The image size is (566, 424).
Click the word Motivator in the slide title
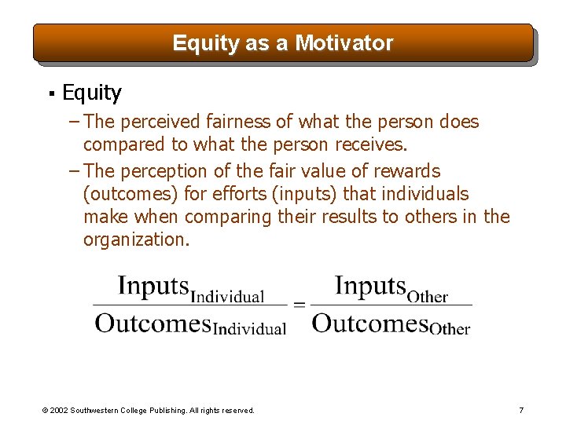coord(344,43)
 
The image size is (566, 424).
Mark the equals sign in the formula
coord(299,305)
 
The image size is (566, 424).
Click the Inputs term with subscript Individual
coord(190,289)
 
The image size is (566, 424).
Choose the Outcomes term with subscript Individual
coord(190,323)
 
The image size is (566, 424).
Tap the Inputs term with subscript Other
coord(391,287)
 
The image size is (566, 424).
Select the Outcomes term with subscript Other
coord(391,323)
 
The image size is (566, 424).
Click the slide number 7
coord(521,410)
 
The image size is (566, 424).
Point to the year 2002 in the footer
coord(60,410)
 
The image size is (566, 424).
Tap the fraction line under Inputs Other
coord(391,305)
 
